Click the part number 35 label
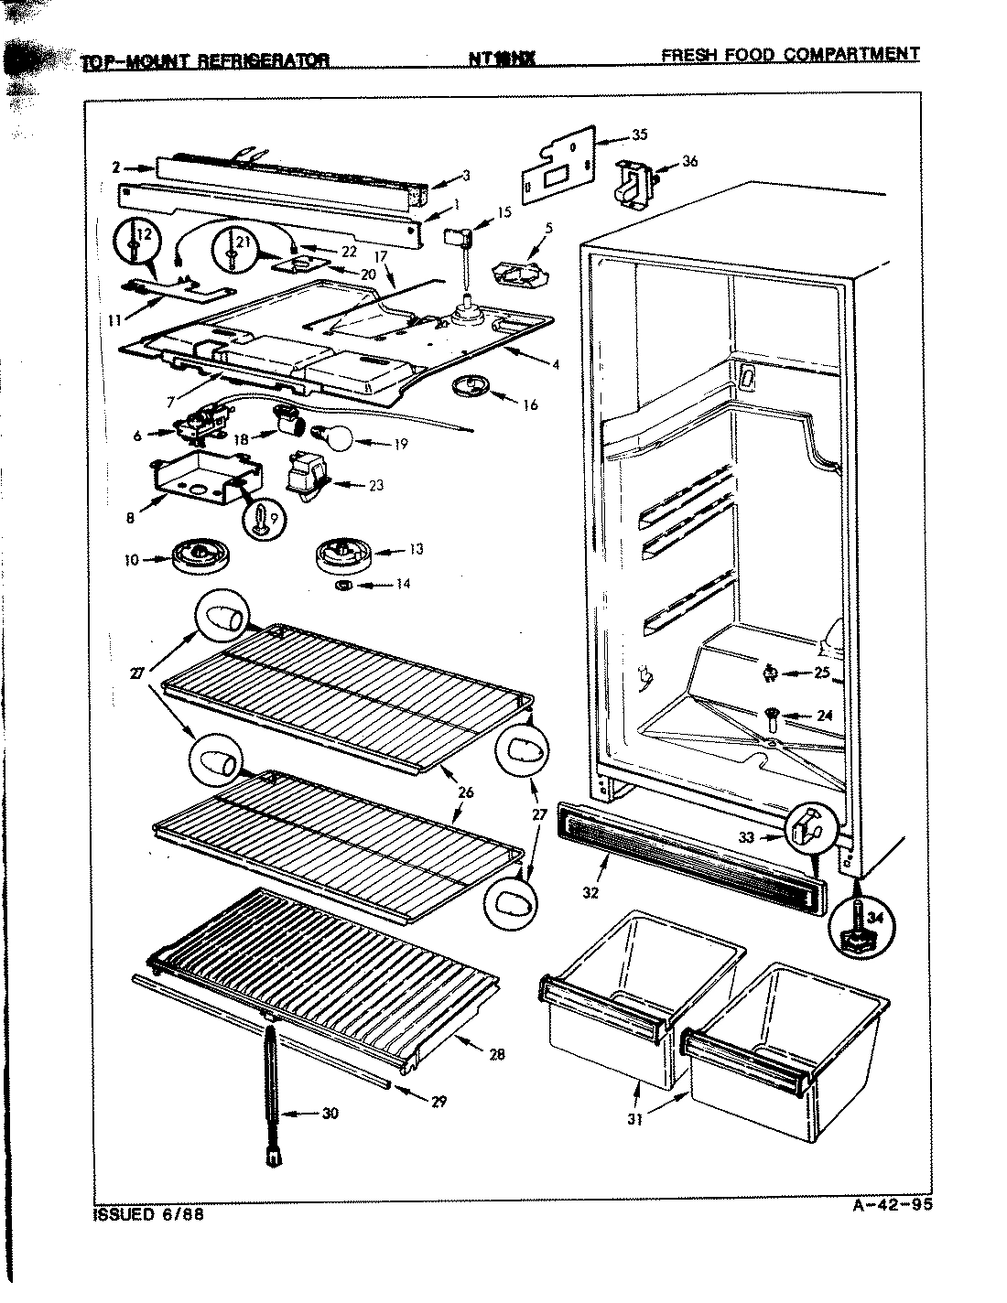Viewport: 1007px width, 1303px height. (x=639, y=135)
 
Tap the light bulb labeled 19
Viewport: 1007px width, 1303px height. (x=335, y=440)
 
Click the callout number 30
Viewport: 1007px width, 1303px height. (x=330, y=1114)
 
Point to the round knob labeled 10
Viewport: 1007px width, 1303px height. (x=198, y=557)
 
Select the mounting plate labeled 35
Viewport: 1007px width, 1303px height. (x=559, y=166)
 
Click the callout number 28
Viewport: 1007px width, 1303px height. (x=497, y=1054)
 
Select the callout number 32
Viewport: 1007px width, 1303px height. (x=590, y=892)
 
